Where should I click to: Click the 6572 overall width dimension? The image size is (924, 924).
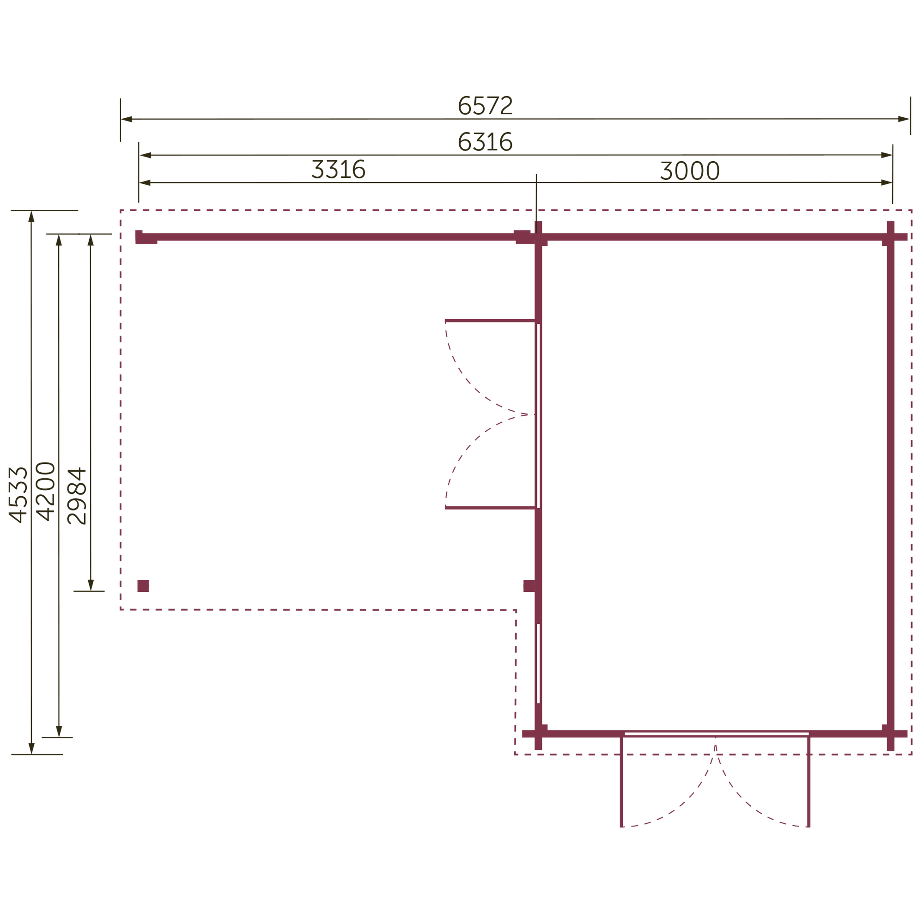[x=486, y=105]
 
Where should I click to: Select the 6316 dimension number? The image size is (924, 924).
[x=486, y=141]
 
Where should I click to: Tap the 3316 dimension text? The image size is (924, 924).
[x=339, y=169]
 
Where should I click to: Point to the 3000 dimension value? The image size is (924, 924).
[x=690, y=170]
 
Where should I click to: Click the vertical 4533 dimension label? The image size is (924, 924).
[x=18, y=494]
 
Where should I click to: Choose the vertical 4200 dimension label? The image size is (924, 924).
[x=46, y=491]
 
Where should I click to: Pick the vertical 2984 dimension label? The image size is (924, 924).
[x=77, y=496]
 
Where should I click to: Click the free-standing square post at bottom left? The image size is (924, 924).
[x=143, y=586]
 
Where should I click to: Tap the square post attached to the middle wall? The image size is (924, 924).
[x=529, y=586]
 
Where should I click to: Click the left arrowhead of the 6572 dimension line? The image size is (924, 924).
[x=127, y=119]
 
